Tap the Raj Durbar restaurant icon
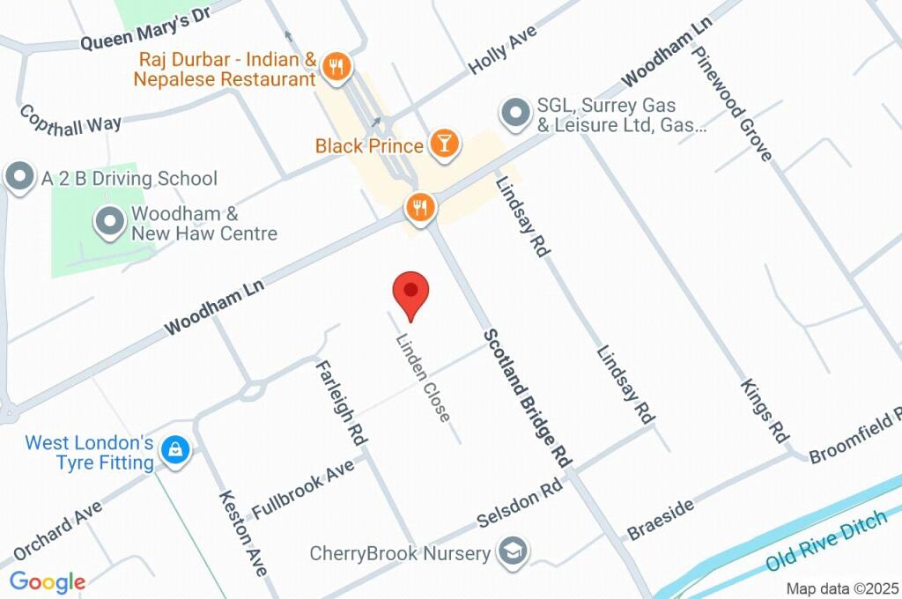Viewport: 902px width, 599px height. pyautogui.click(x=336, y=65)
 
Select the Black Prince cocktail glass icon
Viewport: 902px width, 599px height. pyautogui.click(x=444, y=144)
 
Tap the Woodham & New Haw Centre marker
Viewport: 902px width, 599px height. pyautogui.click(x=110, y=222)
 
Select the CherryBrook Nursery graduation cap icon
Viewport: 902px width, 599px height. pyautogui.click(x=511, y=553)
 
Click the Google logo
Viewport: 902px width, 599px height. pyautogui.click(x=48, y=581)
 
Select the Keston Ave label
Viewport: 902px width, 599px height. pyautogui.click(x=242, y=533)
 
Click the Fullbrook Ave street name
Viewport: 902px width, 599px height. pyautogui.click(x=302, y=488)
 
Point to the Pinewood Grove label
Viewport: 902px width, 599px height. pyautogui.click(x=732, y=103)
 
